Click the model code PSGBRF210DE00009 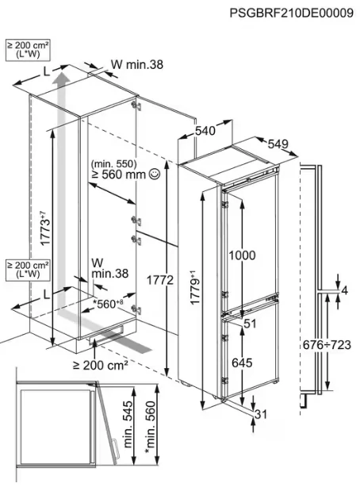(x=292, y=13)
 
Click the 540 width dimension (x=205, y=131)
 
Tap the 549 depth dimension (x=278, y=144)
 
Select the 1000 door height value (x=242, y=255)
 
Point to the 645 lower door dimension (x=242, y=362)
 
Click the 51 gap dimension (x=250, y=324)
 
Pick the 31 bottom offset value (x=261, y=414)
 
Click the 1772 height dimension (x=160, y=280)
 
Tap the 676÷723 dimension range (x=327, y=345)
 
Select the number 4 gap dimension (x=344, y=291)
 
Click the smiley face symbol (x=155, y=174)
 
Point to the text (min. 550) (x=113, y=163)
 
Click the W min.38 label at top (x=137, y=64)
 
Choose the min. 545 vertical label (x=128, y=424)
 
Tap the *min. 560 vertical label (x=150, y=427)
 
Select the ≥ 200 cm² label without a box (x=101, y=365)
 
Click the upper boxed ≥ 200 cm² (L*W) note (x=28, y=50)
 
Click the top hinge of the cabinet (x=136, y=105)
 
